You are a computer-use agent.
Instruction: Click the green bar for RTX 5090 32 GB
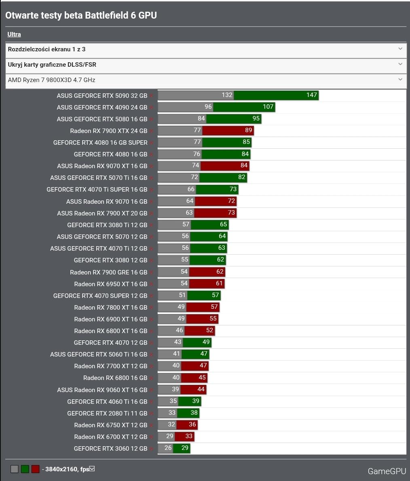tap(276, 95)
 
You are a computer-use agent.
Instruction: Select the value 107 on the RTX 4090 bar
tap(268, 107)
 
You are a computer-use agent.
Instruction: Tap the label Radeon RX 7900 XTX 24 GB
tap(108, 131)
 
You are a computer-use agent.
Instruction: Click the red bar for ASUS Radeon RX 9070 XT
tap(224, 166)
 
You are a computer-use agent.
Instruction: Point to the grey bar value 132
tap(227, 95)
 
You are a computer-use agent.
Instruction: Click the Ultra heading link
tap(14, 34)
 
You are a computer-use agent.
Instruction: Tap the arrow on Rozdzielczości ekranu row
tap(400, 49)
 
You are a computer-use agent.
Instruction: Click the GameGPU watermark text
tap(387, 471)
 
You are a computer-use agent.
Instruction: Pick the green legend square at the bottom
tap(25, 469)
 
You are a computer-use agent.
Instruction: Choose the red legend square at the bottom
tap(36, 469)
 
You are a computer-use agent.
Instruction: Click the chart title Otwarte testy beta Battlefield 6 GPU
tap(81, 15)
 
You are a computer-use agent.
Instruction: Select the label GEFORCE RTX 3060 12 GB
tap(110, 448)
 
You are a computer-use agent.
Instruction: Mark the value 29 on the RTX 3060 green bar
tap(185, 448)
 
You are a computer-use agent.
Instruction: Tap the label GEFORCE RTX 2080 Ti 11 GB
tap(107, 413)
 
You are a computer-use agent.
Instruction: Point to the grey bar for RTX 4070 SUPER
tap(173, 295)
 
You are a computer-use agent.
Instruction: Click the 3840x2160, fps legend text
tap(67, 469)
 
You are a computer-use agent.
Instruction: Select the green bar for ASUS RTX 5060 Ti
tap(195, 354)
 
